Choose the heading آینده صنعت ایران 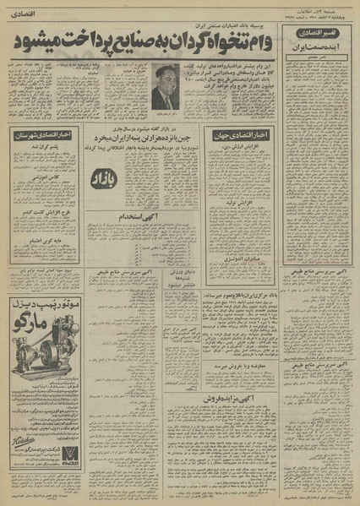(x=321, y=52)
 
